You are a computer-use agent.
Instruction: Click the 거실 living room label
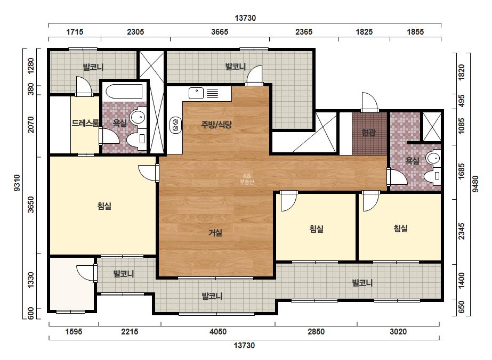coord(215,233)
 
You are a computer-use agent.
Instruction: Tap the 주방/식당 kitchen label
coord(216,125)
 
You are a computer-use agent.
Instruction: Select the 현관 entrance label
coord(368,133)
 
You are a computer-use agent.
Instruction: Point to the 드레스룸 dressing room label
coord(85,123)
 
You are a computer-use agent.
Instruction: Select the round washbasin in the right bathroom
coord(434,158)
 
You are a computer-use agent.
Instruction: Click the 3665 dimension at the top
coord(220,32)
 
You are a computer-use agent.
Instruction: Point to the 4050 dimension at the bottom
coord(218,331)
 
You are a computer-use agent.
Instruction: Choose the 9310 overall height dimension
coord(17,183)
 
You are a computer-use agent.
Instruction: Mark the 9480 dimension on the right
coord(475,184)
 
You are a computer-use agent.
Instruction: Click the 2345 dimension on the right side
coord(462,232)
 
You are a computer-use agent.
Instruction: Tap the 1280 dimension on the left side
coord(31,66)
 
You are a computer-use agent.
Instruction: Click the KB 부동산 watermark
coord(247,179)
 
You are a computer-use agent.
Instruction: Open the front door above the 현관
coord(369,102)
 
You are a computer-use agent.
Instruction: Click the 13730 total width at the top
coord(245,18)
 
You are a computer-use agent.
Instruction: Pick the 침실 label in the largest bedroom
coord(104,206)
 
